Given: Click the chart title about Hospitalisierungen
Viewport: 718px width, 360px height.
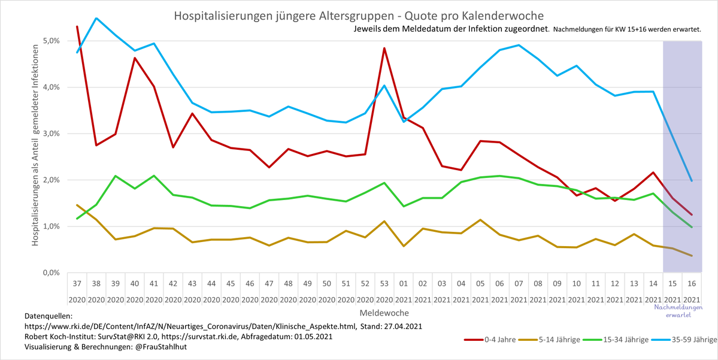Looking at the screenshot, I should point(359,14).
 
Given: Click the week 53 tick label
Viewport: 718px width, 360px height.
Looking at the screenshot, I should point(384,283).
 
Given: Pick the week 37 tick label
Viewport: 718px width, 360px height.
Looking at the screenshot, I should point(77,283).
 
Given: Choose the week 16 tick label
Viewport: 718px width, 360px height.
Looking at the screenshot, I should point(692,283).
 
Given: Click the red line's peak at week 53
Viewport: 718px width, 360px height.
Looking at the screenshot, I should point(384,48).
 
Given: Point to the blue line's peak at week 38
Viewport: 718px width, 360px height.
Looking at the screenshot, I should point(96,18).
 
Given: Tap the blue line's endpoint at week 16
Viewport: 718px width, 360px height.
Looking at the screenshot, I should point(692,180).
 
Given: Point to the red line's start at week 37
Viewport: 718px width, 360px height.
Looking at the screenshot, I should point(77,26).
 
